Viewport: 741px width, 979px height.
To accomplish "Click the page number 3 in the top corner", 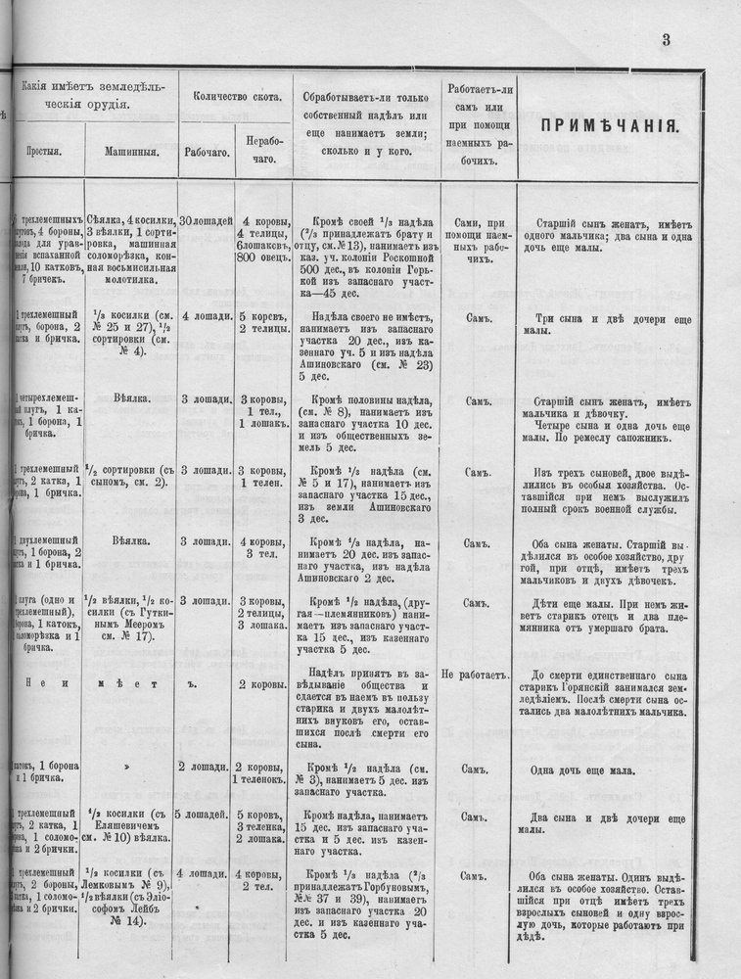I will [x=665, y=40].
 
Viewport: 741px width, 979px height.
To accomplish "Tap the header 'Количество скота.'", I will [x=238, y=97].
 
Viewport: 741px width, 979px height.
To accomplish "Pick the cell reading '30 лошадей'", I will [x=206, y=221].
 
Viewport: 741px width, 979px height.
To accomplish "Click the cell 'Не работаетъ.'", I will [x=477, y=675].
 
